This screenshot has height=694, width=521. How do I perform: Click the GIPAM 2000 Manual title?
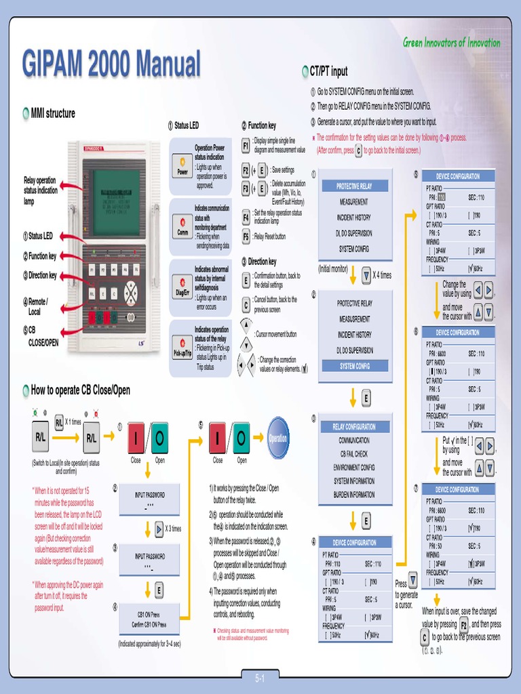pyautogui.click(x=111, y=65)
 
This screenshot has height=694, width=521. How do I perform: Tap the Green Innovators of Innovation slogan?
pyautogui.click(x=451, y=43)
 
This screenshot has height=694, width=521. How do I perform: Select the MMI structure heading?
pyautogui.click(x=52, y=113)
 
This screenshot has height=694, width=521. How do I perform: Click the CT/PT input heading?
pyautogui.click(x=328, y=71)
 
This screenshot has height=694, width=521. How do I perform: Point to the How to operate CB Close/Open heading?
pyautogui.click(x=80, y=390)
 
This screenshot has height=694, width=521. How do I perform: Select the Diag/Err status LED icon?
pyautogui.click(x=182, y=287)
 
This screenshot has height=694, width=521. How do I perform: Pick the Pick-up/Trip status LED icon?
pyautogui.click(x=182, y=347)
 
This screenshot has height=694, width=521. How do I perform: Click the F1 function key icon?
pyautogui.click(x=246, y=146)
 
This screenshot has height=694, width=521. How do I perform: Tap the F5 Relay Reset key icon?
pyautogui.click(x=246, y=237)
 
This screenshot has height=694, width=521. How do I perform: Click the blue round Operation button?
pyautogui.click(x=278, y=438)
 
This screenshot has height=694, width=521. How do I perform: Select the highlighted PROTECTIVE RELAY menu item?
pyautogui.click(x=354, y=186)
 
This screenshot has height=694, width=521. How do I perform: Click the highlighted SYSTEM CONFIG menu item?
pyautogui.click(x=354, y=366)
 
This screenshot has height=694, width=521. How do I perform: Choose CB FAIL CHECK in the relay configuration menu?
pyautogui.click(x=354, y=453)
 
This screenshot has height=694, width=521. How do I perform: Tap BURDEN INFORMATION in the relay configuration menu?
pyautogui.click(x=354, y=495)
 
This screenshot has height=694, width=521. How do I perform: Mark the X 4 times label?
pyautogui.click(x=382, y=275)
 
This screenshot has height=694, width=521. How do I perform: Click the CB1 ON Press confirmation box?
pyautogui.click(x=149, y=619)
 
